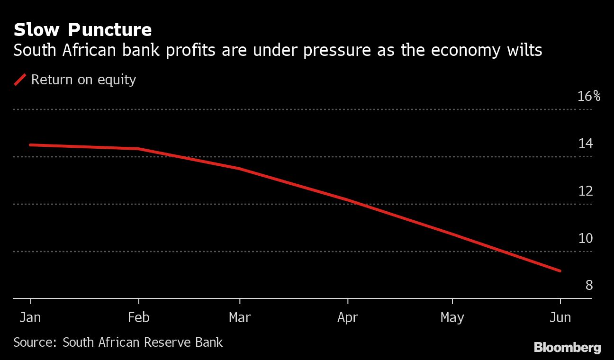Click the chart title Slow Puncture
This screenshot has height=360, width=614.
82,30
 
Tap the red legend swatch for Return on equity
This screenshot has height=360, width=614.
20,80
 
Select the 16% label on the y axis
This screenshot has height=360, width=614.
589,97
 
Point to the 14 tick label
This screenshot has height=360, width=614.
586,144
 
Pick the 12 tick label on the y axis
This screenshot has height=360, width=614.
586,191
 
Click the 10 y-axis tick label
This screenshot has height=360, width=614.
586,238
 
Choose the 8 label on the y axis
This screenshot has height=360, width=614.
589,285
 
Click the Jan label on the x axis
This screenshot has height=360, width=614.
30,317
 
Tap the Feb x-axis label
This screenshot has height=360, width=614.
138,317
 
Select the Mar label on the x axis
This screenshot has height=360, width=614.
240,317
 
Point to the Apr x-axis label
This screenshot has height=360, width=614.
348,317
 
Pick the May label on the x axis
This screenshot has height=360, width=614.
452,317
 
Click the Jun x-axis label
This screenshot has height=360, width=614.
560,317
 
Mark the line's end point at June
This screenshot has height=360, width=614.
560,271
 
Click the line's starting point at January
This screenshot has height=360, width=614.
31,144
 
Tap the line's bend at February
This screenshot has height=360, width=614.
138,149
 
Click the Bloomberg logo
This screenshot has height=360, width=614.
567,348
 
